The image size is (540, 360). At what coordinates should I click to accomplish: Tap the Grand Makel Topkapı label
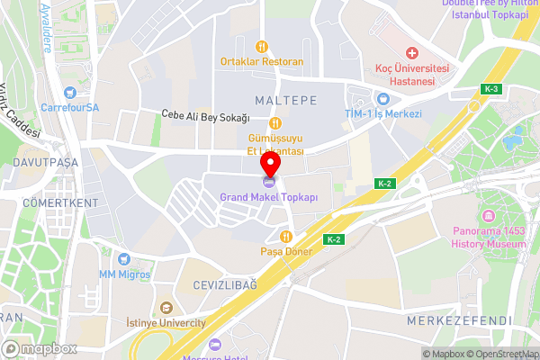point(270,196)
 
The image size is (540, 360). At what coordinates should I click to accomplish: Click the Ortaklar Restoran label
point(261,62)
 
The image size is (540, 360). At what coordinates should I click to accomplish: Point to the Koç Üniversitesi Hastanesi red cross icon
point(412,53)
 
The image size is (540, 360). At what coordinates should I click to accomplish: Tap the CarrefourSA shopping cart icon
point(71,91)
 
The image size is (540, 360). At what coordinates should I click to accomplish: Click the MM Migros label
point(125,274)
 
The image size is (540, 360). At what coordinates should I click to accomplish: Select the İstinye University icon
point(166,309)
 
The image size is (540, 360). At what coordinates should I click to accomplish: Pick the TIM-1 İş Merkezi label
point(384,114)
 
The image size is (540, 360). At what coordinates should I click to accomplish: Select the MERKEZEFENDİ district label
point(459,320)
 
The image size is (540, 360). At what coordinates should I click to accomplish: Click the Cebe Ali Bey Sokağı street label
point(216,115)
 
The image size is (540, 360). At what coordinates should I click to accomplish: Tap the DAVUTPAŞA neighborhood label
point(46,162)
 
